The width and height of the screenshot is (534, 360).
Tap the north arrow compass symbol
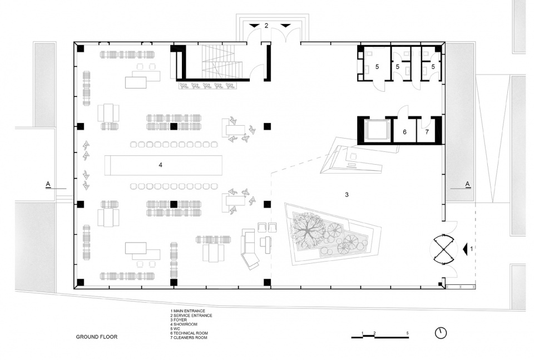441,333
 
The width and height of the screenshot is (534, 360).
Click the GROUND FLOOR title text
97,337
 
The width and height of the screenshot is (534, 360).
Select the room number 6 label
404,131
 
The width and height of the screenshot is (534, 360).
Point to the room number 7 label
427,131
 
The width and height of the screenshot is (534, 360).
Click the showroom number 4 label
160,165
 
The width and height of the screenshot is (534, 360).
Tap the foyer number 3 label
347,195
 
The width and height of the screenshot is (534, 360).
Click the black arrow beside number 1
465,249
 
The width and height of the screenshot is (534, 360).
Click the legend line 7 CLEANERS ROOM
189,338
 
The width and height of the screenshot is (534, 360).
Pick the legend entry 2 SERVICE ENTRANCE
191,315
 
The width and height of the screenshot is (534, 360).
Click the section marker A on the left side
48,184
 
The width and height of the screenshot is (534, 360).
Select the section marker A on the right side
468,184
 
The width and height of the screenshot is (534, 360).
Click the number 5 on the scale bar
408,333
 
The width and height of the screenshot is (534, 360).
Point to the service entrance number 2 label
266,26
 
